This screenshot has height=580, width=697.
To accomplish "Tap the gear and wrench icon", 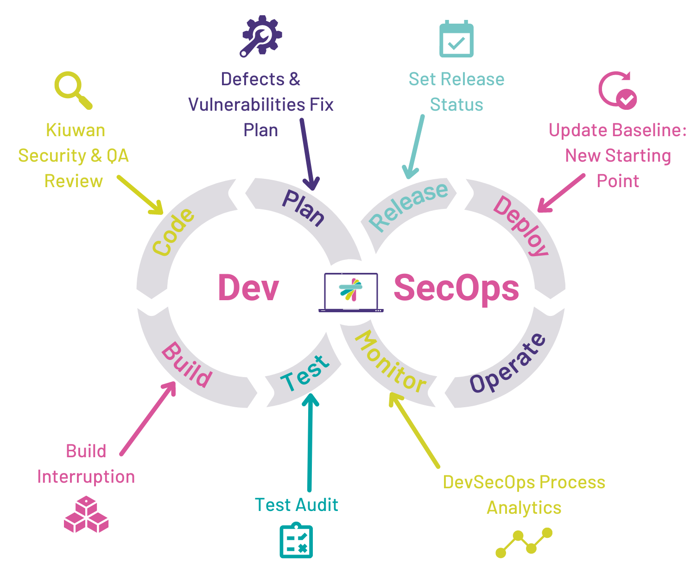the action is (x=261, y=36).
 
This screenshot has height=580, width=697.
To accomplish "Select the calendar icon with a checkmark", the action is (x=456, y=39).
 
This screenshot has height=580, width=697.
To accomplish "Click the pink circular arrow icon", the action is (x=617, y=90).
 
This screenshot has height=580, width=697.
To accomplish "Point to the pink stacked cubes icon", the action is (x=86, y=514).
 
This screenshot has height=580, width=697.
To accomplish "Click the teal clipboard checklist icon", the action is (x=296, y=540).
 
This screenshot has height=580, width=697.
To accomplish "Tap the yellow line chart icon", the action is (x=524, y=543).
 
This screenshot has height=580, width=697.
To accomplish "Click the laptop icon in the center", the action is (x=351, y=293).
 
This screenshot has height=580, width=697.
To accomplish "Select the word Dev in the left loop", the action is (x=248, y=288).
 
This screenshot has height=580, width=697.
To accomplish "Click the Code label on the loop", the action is (x=173, y=232).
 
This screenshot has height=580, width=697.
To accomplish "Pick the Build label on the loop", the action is (x=187, y=365).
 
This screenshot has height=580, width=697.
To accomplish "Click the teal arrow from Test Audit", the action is (x=310, y=442).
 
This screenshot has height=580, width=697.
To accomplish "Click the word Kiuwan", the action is (x=76, y=130).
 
